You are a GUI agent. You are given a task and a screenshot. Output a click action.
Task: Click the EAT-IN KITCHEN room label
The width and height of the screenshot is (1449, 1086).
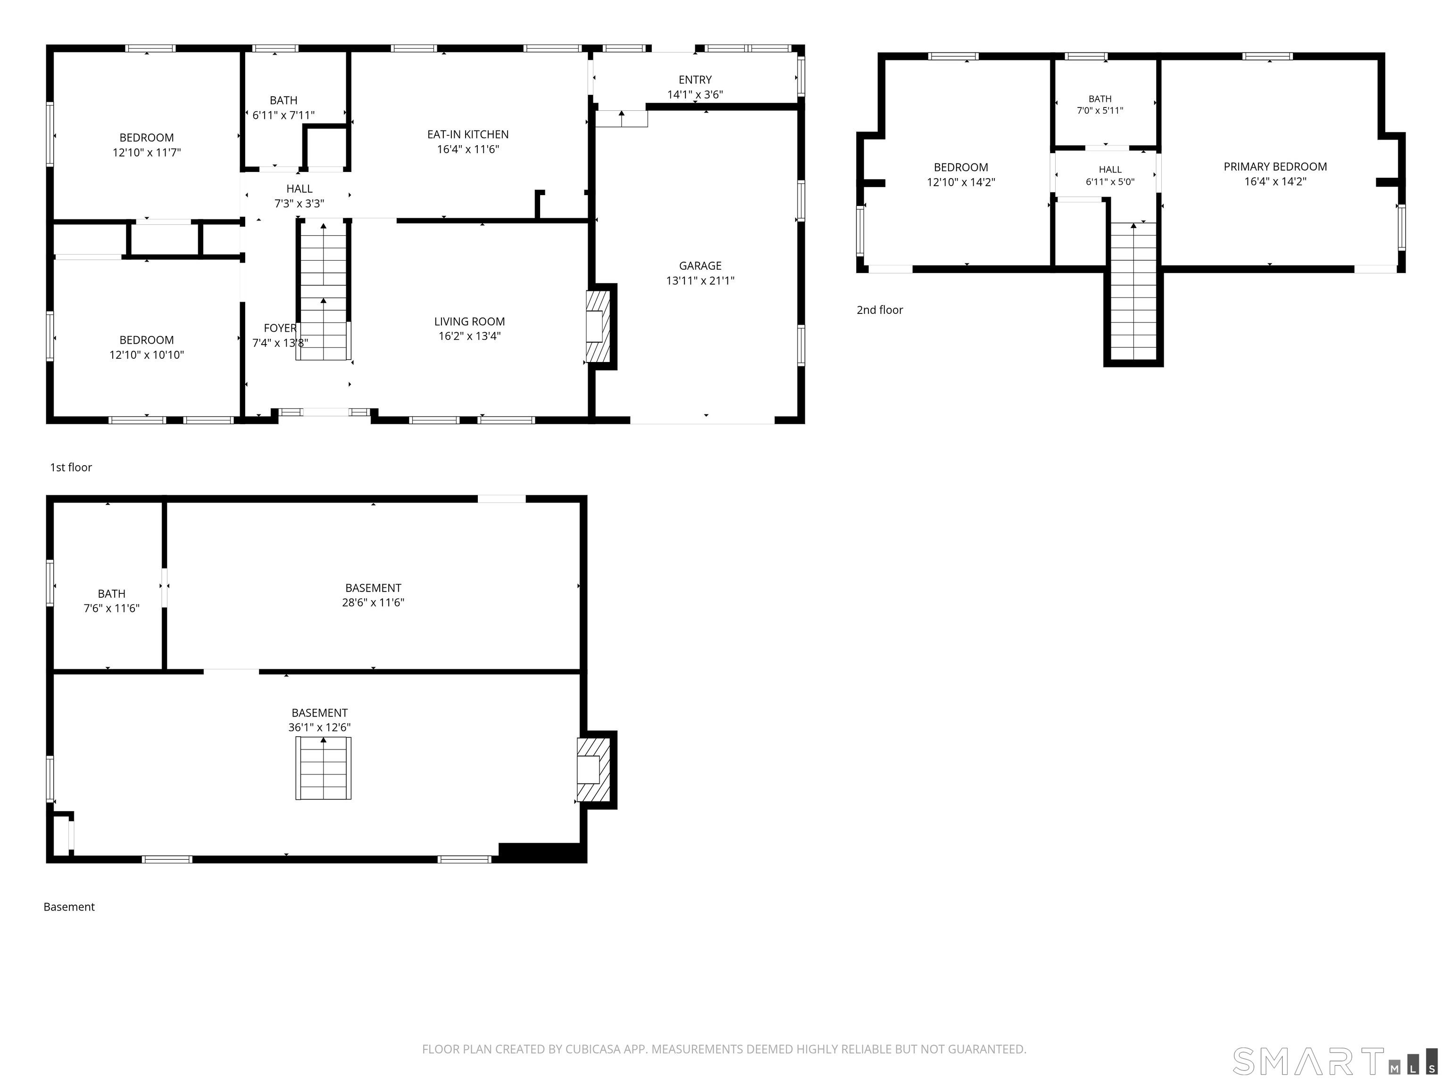point(468,134)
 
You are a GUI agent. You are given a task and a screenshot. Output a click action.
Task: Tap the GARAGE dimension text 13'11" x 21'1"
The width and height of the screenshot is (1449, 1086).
point(700,281)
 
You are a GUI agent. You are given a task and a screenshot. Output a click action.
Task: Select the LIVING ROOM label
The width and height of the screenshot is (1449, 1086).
point(470,321)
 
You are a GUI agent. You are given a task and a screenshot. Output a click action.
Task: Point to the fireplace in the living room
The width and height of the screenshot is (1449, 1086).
point(598,326)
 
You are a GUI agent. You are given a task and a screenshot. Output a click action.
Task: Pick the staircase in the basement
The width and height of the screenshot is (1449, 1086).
point(323,768)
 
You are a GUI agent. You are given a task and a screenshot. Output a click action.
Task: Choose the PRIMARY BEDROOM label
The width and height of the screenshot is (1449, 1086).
point(1275,167)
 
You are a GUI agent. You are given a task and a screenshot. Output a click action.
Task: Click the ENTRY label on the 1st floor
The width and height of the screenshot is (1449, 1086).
point(695,80)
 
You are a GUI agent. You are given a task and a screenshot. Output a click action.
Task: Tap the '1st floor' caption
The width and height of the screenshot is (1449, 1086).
point(71,468)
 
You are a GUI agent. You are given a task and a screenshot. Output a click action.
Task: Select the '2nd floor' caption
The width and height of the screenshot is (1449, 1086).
point(880,310)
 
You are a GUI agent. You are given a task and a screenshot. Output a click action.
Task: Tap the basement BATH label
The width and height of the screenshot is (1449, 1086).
point(111,594)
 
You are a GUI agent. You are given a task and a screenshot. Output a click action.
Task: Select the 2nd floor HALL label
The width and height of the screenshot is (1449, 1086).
point(1110,170)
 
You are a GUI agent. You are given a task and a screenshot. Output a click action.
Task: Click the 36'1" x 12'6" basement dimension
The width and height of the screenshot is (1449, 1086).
point(320,727)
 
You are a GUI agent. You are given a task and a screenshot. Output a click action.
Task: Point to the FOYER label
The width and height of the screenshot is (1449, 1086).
point(280,328)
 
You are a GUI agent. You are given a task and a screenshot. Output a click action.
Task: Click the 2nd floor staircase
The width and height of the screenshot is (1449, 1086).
point(1133,291)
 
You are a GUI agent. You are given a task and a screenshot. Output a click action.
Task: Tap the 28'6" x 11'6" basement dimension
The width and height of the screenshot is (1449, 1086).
point(374,602)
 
